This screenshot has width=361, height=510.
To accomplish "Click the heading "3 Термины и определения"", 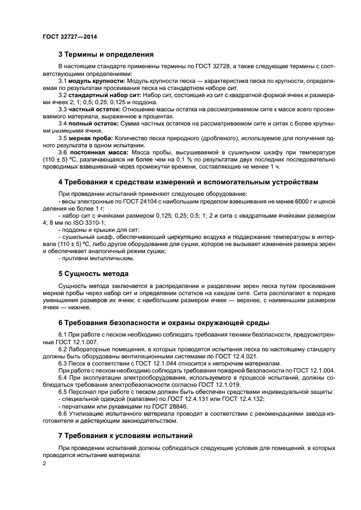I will pos(106,55).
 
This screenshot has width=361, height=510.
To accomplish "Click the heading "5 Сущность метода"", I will pos(93,273).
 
